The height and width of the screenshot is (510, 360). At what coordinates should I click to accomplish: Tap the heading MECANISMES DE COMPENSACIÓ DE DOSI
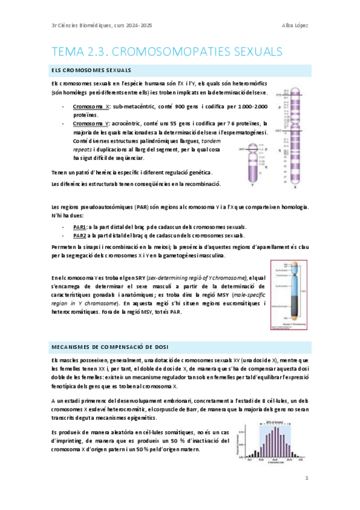(x=110, y=346)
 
